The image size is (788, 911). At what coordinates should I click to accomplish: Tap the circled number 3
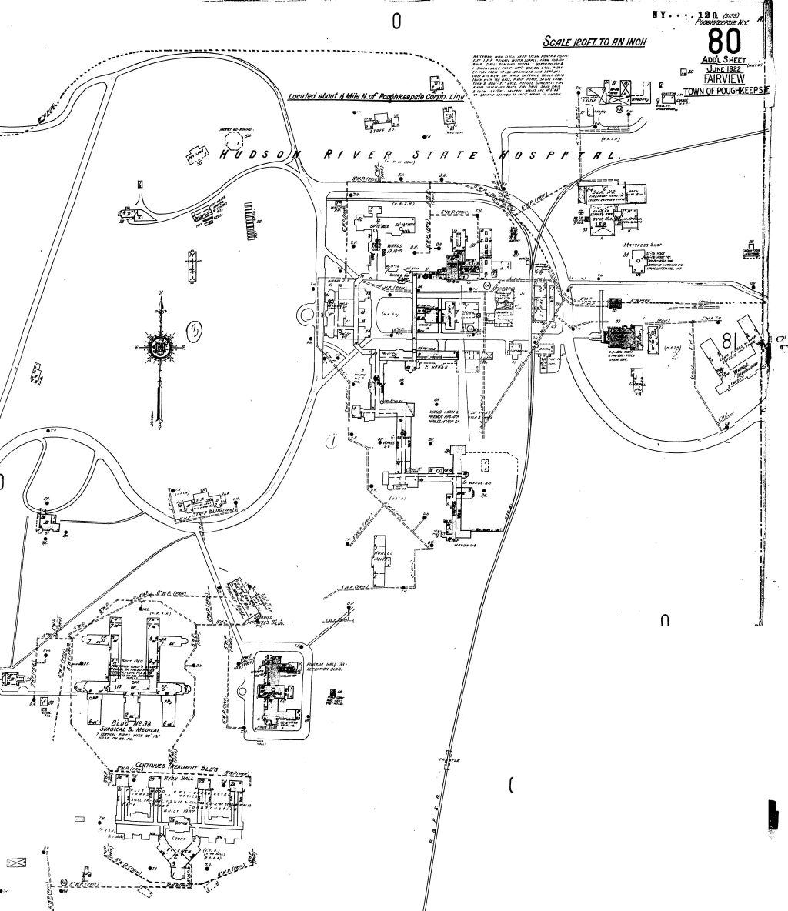[195, 332]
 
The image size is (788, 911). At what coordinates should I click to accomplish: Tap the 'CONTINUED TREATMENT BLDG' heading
[177, 768]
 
